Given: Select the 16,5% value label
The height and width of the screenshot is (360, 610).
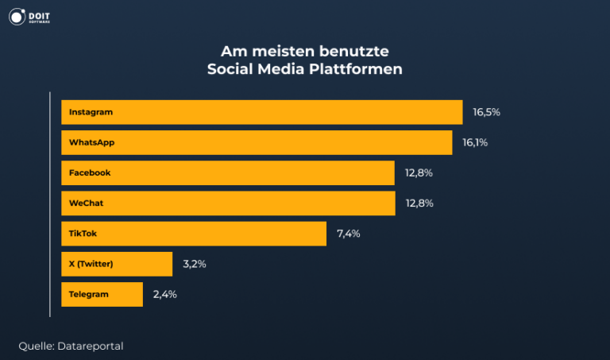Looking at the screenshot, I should (x=486, y=112).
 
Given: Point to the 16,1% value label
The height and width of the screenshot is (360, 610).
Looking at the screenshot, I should (x=475, y=142).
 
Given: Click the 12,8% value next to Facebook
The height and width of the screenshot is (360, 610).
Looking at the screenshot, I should (x=419, y=172).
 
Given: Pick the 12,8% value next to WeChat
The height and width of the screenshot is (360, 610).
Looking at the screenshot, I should (x=419, y=203).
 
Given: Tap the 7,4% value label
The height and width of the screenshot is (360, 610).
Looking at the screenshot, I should (x=349, y=234).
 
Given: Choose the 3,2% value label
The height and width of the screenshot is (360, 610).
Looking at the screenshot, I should (x=195, y=264).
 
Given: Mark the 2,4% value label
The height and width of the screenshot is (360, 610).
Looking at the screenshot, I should (x=164, y=294).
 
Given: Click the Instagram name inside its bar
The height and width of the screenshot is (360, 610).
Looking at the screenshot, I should (x=91, y=112).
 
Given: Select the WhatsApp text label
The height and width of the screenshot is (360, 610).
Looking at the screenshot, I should (x=92, y=142).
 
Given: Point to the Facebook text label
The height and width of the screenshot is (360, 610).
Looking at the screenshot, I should (x=90, y=172).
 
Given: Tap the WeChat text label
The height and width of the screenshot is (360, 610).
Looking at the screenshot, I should (x=86, y=203).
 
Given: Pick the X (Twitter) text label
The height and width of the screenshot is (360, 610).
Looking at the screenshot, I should (x=91, y=264).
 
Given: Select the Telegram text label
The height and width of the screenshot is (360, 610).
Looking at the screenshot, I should (x=89, y=294).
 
